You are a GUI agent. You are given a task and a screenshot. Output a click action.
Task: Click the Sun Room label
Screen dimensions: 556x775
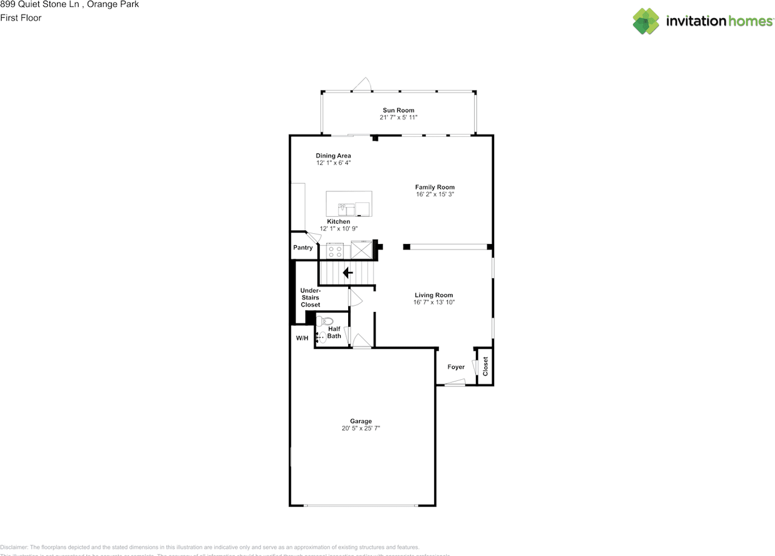[398, 110]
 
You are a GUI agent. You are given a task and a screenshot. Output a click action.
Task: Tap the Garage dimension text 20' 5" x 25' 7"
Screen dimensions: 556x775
[360, 428]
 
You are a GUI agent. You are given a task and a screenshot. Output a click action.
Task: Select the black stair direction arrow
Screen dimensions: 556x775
[348, 273]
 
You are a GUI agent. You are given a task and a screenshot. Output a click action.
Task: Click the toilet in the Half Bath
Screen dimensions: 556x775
[323, 321]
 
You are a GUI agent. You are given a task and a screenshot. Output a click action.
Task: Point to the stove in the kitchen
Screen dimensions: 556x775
[335, 250]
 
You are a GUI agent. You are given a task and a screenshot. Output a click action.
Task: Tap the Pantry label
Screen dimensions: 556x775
[303, 248]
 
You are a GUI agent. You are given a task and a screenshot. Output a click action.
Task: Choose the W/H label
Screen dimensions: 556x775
[302, 338]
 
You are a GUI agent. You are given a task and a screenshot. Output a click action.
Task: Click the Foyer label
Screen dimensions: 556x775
[456, 367]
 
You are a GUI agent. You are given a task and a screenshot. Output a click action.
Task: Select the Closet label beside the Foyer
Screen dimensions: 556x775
[485, 366]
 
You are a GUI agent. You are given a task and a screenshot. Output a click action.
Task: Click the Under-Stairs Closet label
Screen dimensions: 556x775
[310, 297]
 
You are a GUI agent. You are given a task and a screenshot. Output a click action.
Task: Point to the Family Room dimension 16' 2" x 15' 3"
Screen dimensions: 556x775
[434, 194]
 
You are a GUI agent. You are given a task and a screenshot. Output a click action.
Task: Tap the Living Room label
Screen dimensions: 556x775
[434, 295]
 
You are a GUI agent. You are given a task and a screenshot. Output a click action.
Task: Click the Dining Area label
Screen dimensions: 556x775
[333, 156]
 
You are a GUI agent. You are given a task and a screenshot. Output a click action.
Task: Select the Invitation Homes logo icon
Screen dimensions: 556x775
[646, 21]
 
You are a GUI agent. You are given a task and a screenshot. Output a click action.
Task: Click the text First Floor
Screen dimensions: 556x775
[21, 18]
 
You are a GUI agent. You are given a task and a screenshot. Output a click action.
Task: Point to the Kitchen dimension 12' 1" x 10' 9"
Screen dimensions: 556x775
[338, 228]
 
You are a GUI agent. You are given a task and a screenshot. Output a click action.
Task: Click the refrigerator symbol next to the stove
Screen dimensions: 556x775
[361, 250]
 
